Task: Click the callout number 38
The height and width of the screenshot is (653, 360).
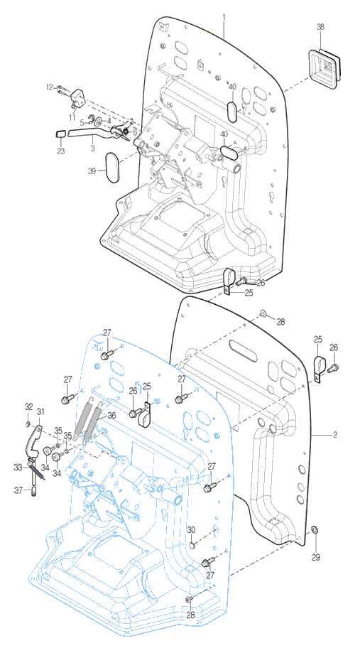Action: pos(320,27)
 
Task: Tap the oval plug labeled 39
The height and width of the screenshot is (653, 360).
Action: pos(111,167)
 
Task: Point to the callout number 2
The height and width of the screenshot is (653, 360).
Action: pos(335,435)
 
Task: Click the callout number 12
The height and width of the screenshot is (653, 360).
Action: pos(50,87)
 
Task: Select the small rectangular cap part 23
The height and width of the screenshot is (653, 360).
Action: pos(61,134)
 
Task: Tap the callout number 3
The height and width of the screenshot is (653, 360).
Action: pos(93,148)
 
